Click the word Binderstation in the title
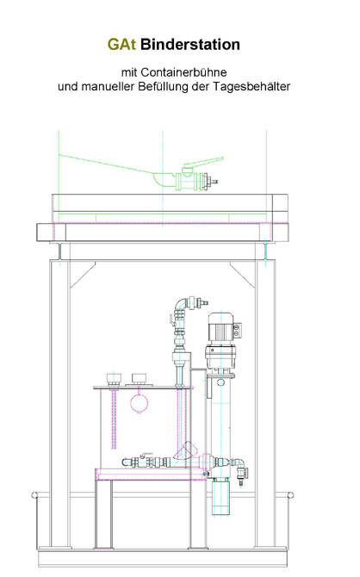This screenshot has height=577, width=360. click(190, 45)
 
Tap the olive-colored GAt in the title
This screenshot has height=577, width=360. click(121, 45)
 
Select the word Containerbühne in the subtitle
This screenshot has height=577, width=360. click(183, 72)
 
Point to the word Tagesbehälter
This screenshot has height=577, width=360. click(251, 86)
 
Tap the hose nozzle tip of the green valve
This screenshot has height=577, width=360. click(213, 181)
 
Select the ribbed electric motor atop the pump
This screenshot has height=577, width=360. click(220, 328)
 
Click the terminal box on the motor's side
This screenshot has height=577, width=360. click(238, 330)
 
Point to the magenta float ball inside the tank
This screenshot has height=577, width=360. click(140, 402)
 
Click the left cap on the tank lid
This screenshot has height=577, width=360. click(113, 380)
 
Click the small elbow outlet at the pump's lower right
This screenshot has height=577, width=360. click(241, 468)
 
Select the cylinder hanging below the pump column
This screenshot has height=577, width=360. click(220, 496)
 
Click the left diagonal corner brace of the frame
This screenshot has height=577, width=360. click(83, 275)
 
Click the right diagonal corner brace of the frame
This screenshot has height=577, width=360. click(242, 275)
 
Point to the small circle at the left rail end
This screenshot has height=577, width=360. click(34, 495)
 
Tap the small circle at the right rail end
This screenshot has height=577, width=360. click(291, 495)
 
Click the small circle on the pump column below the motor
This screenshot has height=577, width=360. click(220, 382)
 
